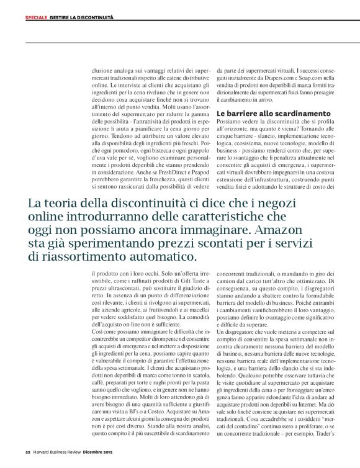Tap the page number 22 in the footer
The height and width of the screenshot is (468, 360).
28,451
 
